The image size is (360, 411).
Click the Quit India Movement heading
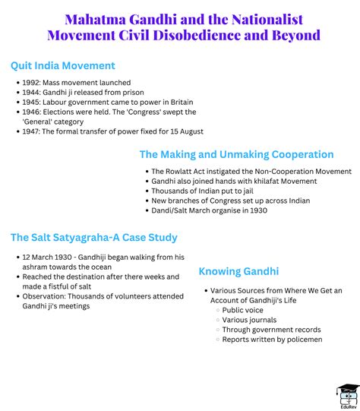pyautogui.click(x=63, y=65)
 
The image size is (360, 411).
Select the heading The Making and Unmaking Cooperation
pyautogui.click(x=236, y=154)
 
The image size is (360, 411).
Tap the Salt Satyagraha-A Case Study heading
pyautogui.click(x=93, y=238)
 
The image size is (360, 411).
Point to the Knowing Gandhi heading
pyautogui.click(x=238, y=271)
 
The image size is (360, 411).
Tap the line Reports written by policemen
pyautogui.click(x=272, y=339)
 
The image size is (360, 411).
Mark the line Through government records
pyautogui.click(x=271, y=330)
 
